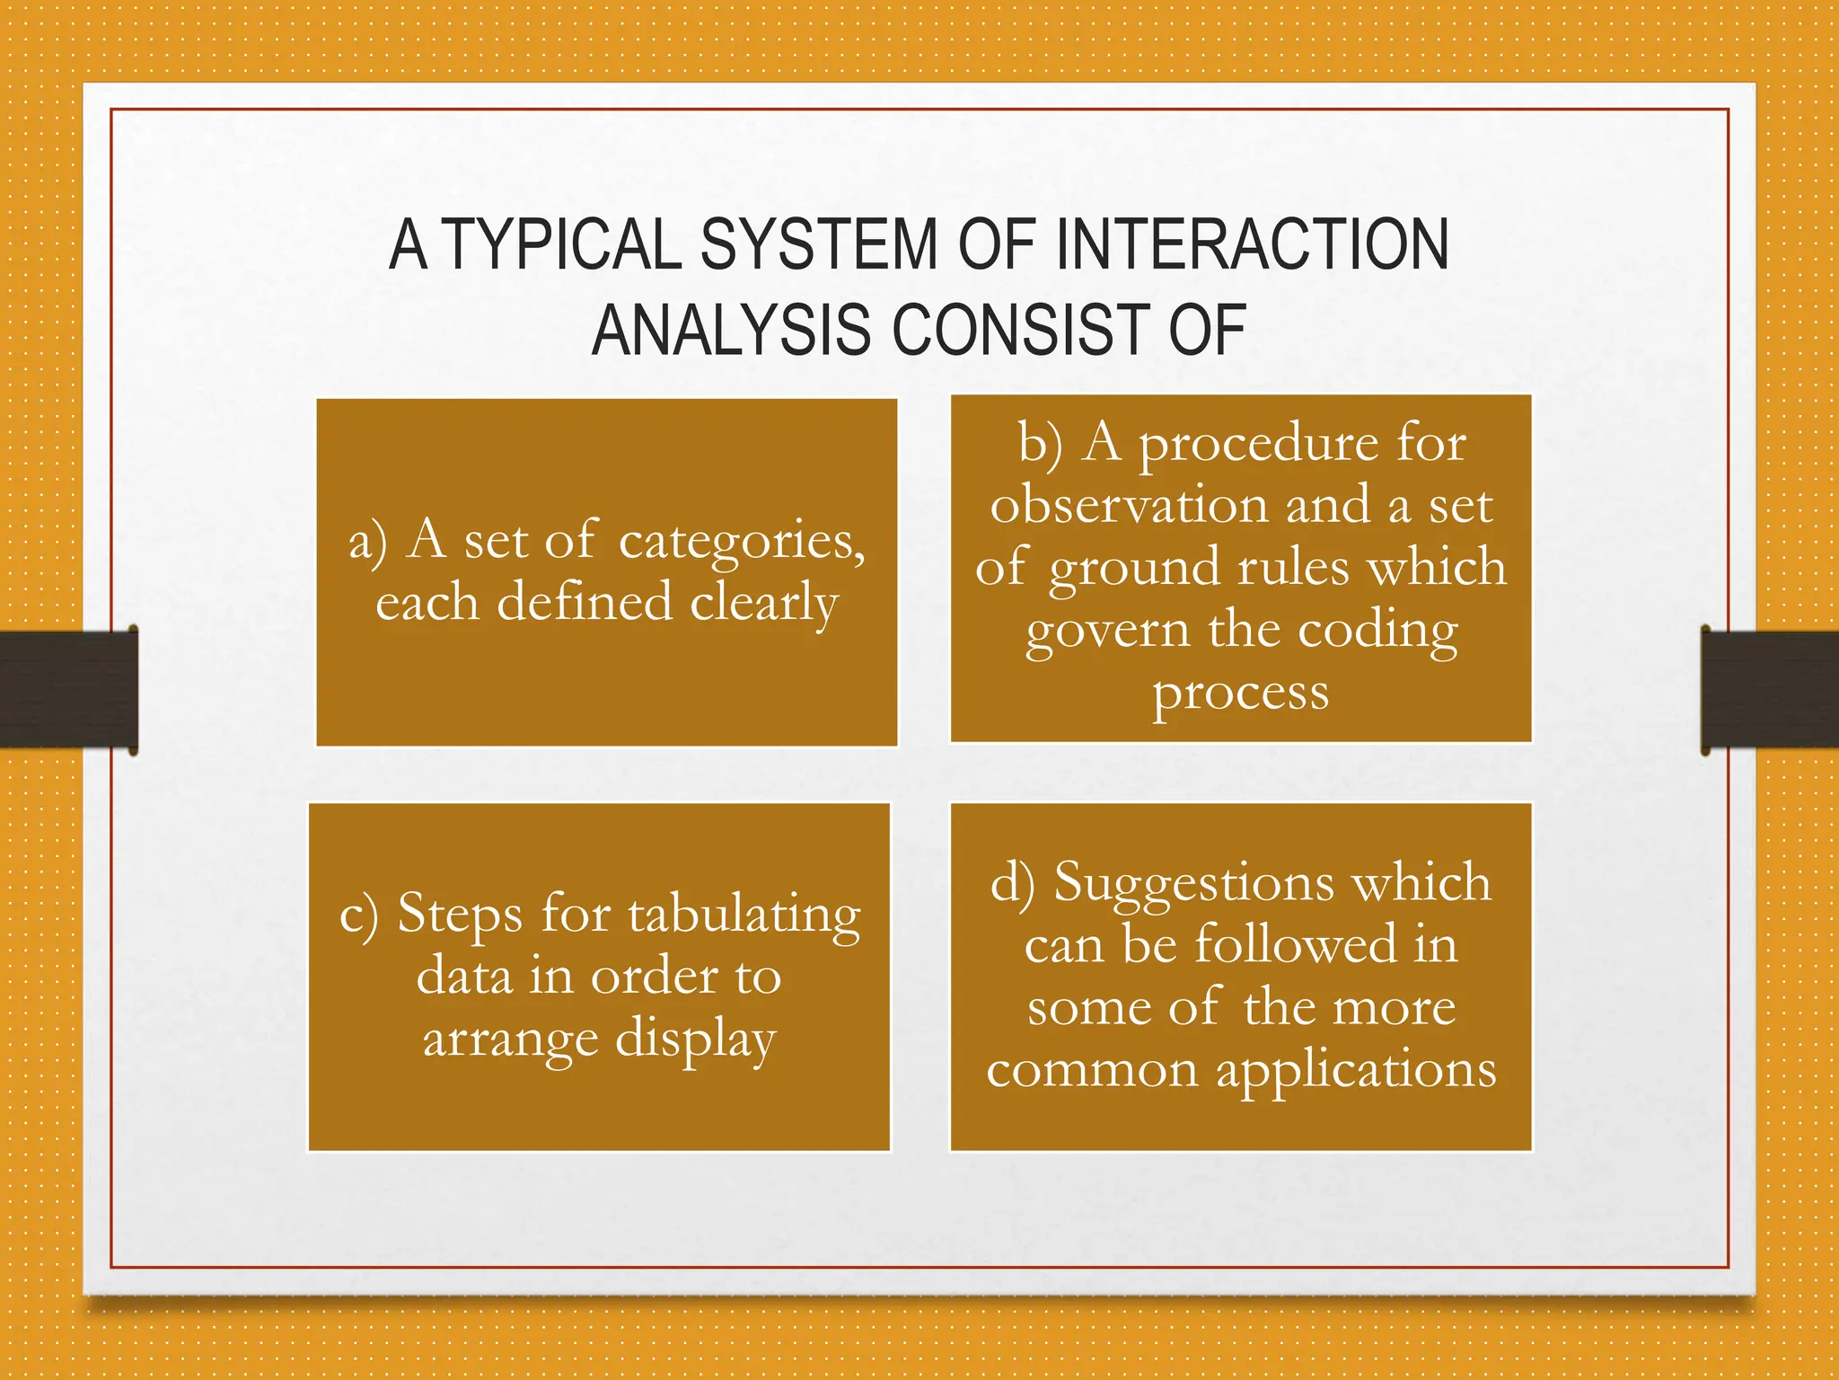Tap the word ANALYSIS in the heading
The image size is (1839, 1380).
731,330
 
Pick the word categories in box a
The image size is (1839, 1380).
742,542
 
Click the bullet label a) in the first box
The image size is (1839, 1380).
368,542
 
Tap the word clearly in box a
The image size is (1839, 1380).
764,603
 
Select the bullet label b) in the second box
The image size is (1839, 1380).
1040,443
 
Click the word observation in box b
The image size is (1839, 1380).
1130,505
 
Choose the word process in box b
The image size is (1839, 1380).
1241,694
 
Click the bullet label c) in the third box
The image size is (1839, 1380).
359,916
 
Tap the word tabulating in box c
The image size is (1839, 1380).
744,916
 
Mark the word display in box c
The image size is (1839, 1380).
696,1040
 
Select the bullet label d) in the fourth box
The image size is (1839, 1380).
1012,882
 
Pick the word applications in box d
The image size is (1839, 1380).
1356,1071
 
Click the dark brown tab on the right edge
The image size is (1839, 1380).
1769,689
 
